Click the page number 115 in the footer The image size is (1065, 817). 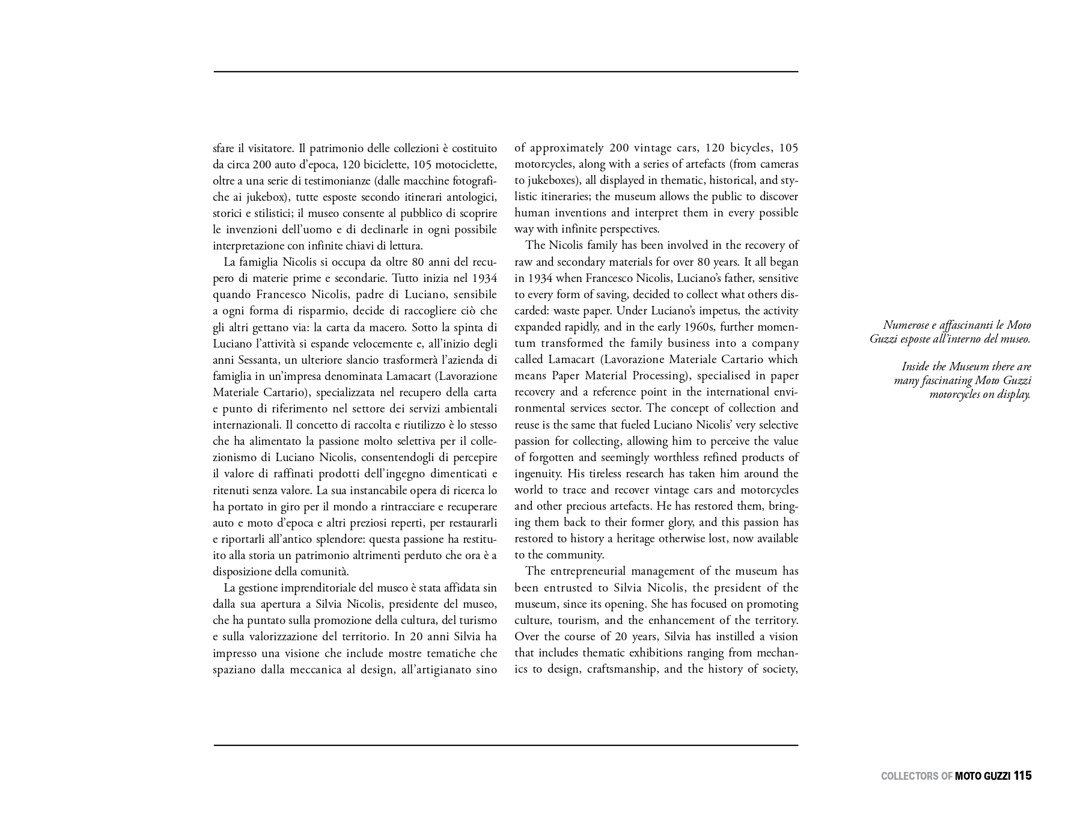pyautogui.click(x=1022, y=776)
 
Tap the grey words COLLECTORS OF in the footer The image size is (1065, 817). pyautogui.click(x=916, y=776)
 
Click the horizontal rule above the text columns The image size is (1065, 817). pyautogui.click(x=505, y=72)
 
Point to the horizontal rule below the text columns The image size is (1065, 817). pyautogui.click(x=505, y=745)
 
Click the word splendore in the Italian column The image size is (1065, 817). pyautogui.click(x=339, y=539)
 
